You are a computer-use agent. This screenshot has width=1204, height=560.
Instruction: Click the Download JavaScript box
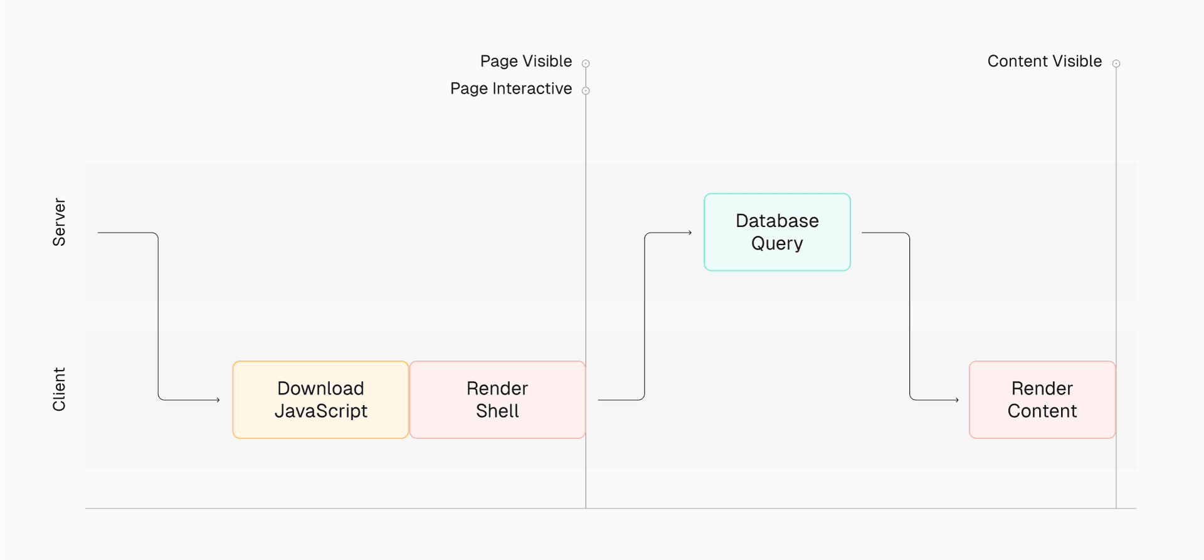click(320, 399)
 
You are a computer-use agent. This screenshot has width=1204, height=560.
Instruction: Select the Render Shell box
click(497, 399)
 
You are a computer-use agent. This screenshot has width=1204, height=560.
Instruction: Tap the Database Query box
click(777, 232)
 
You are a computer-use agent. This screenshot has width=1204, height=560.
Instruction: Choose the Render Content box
click(1042, 399)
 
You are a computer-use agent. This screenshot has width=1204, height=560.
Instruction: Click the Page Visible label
click(525, 61)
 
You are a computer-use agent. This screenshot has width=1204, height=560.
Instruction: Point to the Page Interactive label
click(510, 89)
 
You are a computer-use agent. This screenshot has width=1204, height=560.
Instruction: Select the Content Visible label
click(1044, 61)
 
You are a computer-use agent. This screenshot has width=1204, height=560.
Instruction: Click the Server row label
click(59, 222)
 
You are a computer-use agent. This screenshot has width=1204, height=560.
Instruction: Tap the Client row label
click(59, 389)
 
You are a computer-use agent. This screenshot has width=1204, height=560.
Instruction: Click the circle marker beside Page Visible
click(586, 63)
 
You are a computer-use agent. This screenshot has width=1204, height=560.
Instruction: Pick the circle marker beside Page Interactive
click(586, 91)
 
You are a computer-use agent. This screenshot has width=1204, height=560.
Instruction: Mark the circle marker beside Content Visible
click(1116, 63)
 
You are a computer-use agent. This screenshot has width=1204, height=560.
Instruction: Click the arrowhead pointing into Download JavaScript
click(218, 399)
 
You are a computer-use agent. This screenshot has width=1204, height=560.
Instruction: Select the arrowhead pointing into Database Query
click(690, 233)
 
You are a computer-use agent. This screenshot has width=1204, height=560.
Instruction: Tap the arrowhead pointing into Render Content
click(957, 399)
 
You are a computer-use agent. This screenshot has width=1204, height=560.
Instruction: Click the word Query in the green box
click(777, 244)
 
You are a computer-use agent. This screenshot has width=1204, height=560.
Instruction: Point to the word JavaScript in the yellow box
click(320, 411)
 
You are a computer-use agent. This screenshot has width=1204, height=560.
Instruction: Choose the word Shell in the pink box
click(497, 411)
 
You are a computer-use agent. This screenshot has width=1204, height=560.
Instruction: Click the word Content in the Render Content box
click(1042, 411)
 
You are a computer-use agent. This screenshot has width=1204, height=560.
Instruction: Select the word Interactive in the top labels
click(532, 89)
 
